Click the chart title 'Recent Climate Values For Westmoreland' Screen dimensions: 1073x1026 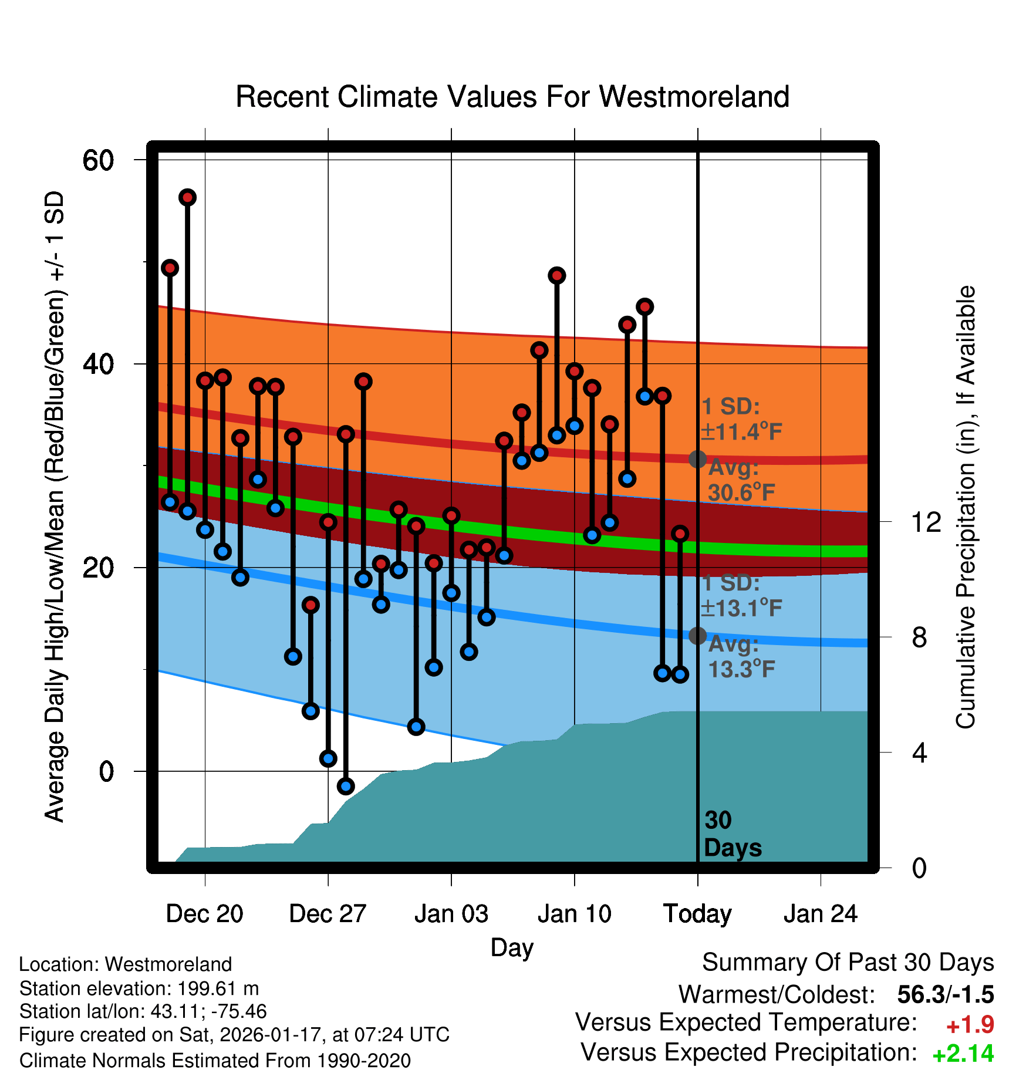click(512, 97)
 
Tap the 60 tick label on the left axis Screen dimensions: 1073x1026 click(98, 160)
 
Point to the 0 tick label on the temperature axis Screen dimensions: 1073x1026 click(106, 771)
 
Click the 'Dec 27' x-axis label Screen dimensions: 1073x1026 click(328, 914)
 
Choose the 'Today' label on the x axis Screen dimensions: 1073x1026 click(697, 914)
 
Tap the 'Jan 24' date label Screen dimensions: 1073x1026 click(821, 914)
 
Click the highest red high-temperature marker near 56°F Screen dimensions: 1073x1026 click(187, 197)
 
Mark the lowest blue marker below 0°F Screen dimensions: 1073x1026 click(346, 786)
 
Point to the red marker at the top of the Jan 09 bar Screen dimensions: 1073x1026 click(557, 275)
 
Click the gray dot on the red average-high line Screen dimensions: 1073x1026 click(697, 459)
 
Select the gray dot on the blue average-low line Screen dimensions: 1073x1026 click(697, 635)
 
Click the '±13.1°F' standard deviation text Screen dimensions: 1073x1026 click(742, 608)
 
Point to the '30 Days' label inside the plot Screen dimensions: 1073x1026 click(732, 834)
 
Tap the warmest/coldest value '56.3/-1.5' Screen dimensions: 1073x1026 click(945, 995)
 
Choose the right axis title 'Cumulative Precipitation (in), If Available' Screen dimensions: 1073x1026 click(966, 507)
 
